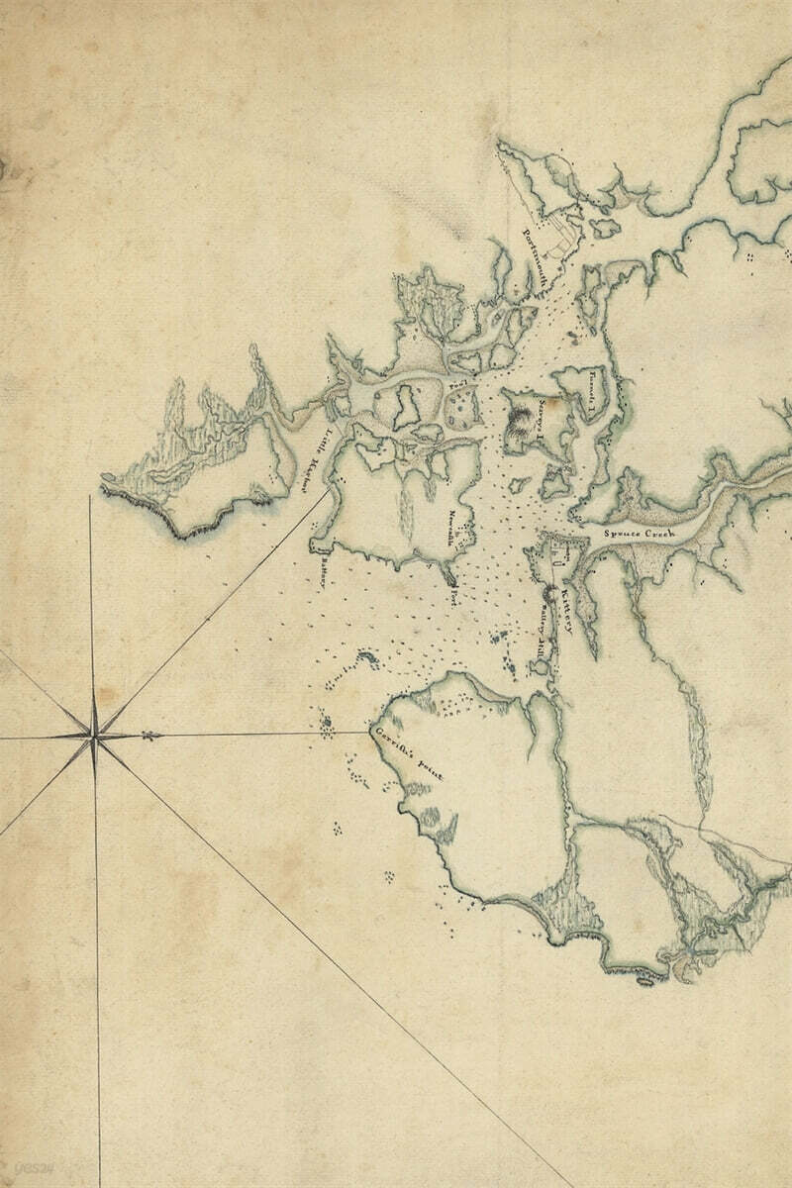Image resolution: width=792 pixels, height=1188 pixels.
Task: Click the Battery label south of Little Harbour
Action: tap(324, 577)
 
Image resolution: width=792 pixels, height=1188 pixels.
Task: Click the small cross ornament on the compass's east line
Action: tap(149, 735)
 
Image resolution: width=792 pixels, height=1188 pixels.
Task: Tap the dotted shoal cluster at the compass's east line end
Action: tap(328, 726)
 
